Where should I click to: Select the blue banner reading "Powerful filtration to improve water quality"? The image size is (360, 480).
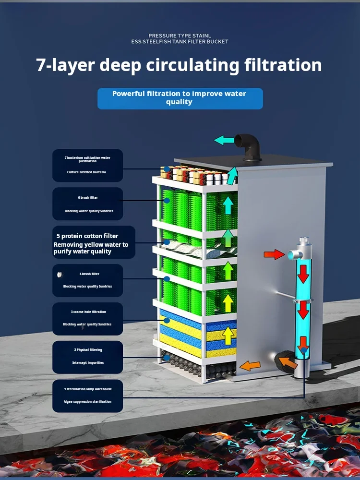[x=180, y=98]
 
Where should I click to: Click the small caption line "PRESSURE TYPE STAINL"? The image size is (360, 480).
[x=180, y=36]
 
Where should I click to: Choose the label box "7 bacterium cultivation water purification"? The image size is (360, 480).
[x=87, y=165]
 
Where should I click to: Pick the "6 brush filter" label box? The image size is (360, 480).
[x=87, y=204]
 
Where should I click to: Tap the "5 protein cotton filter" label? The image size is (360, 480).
[x=93, y=243]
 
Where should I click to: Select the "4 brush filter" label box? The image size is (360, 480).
[x=87, y=280]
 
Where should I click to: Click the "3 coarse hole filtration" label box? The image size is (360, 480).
[x=87, y=318]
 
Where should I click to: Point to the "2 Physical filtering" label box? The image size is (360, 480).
[x=87, y=357]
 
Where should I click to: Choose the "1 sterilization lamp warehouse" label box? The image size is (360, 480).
[x=87, y=396]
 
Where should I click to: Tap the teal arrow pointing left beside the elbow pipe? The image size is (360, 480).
[x=224, y=140]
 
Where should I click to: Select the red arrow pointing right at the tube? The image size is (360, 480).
[x=274, y=254]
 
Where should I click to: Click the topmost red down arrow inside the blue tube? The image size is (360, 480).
[x=303, y=274]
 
